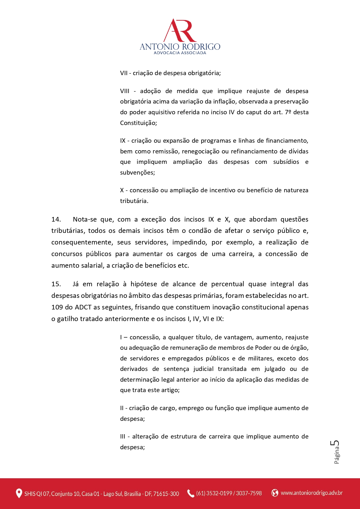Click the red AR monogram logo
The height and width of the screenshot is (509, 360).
click(180, 30)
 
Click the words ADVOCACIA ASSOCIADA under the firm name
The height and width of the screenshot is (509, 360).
click(180, 53)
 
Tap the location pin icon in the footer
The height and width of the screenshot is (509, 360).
click(19, 493)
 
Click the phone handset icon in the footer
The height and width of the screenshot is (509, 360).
click(191, 493)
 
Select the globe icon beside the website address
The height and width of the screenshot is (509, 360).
click(274, 493)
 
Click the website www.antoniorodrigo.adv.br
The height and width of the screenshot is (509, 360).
click(312, 493)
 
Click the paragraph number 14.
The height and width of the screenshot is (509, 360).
click(56, 219)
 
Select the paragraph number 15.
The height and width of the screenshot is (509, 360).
click(56, 284)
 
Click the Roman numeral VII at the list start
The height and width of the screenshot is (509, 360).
click(124, 73)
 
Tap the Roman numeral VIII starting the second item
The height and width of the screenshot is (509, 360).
click(125, 91)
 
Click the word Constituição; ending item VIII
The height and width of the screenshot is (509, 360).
click(138, 123)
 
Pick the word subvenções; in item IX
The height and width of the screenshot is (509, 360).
click(138, 173)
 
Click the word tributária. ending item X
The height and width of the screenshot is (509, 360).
click(134, 201)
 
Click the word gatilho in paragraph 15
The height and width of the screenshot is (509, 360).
click(67, 319)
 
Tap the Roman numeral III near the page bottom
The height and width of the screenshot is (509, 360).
click(123, 436)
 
